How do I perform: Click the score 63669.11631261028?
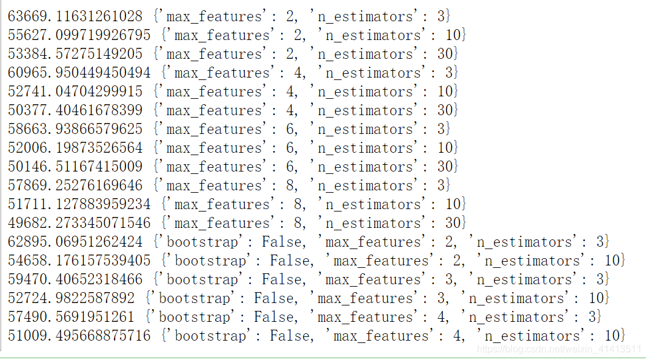[x=75, y=16]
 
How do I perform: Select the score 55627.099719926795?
[x=79, y=35]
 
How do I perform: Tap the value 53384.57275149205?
[x=75, y=54]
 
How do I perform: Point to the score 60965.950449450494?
[x=79, y=73]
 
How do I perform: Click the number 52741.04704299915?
[x=75, y=92]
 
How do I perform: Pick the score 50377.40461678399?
[x=75, y=110]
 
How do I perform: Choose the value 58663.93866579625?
[x=75, y=129]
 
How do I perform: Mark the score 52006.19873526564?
[x=75, y=148]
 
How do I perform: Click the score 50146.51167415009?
[x=75, y=167]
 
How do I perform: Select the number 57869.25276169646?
[x=75, y=185]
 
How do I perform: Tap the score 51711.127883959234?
[x=79, y=204]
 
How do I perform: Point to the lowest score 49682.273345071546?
[x=79, y=223]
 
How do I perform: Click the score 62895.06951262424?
[x=75, y=242]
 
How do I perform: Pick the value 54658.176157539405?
[x=79, y=261]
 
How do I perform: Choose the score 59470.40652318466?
[x=75, y=279]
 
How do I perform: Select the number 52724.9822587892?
[x=72, y=298]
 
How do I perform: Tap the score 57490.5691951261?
[x=72, y=317]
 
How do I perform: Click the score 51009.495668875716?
[x=79, y=336]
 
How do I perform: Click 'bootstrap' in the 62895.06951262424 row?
[x=203, y=242]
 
